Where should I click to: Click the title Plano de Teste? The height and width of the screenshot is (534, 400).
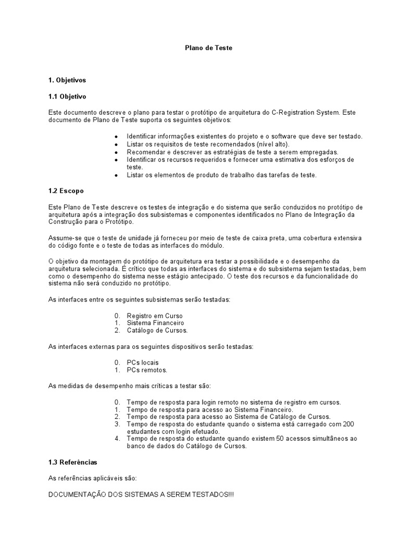pos(208,47)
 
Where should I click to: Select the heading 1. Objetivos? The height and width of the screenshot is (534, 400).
pos(67,80)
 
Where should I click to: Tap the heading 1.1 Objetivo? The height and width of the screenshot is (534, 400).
pos(67,96)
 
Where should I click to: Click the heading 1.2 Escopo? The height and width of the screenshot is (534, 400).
pos(66,191)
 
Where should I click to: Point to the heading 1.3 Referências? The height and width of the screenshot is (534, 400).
pos(72,462)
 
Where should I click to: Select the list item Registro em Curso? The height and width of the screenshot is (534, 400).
pos(155,316)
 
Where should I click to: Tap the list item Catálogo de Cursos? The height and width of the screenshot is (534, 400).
pos(157,330)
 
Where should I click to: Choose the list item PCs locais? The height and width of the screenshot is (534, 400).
pos(143,362)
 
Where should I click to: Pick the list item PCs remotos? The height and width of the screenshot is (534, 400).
pos(147,370)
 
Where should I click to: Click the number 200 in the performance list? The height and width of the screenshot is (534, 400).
pos(348,424)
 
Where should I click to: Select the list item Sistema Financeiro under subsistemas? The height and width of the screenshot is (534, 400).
pos(155,323)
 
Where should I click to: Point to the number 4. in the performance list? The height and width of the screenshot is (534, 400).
pos(117,439)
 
